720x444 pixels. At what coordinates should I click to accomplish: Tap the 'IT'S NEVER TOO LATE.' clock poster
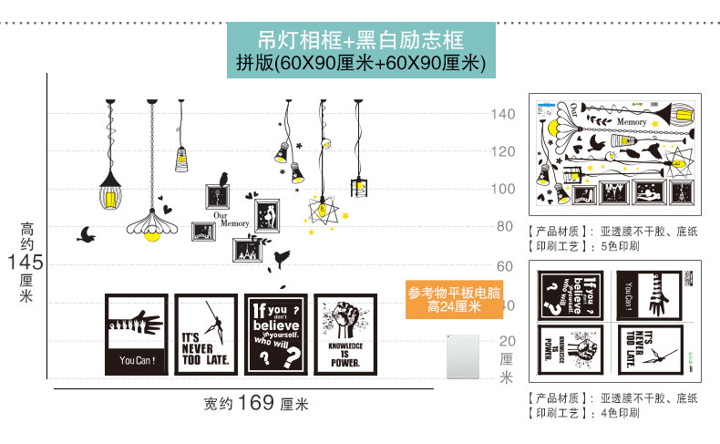tap(206, 333)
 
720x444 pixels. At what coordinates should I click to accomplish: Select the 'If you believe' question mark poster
tap(275, 333)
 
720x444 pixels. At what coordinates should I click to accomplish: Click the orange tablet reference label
tap(455, 300)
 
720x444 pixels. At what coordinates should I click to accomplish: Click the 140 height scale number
tap(504, 114)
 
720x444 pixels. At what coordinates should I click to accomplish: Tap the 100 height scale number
tap(504, 189)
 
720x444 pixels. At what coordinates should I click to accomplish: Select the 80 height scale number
tap(505, 226)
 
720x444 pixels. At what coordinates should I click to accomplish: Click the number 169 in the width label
tap(256, 402)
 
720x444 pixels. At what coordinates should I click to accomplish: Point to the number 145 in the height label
tap(25, 263)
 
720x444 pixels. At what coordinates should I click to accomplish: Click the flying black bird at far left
tap(87, 235)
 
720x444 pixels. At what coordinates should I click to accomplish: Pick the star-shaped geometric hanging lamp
tap(323, 209)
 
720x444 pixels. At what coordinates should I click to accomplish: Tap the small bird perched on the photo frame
tap(222, 176)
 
